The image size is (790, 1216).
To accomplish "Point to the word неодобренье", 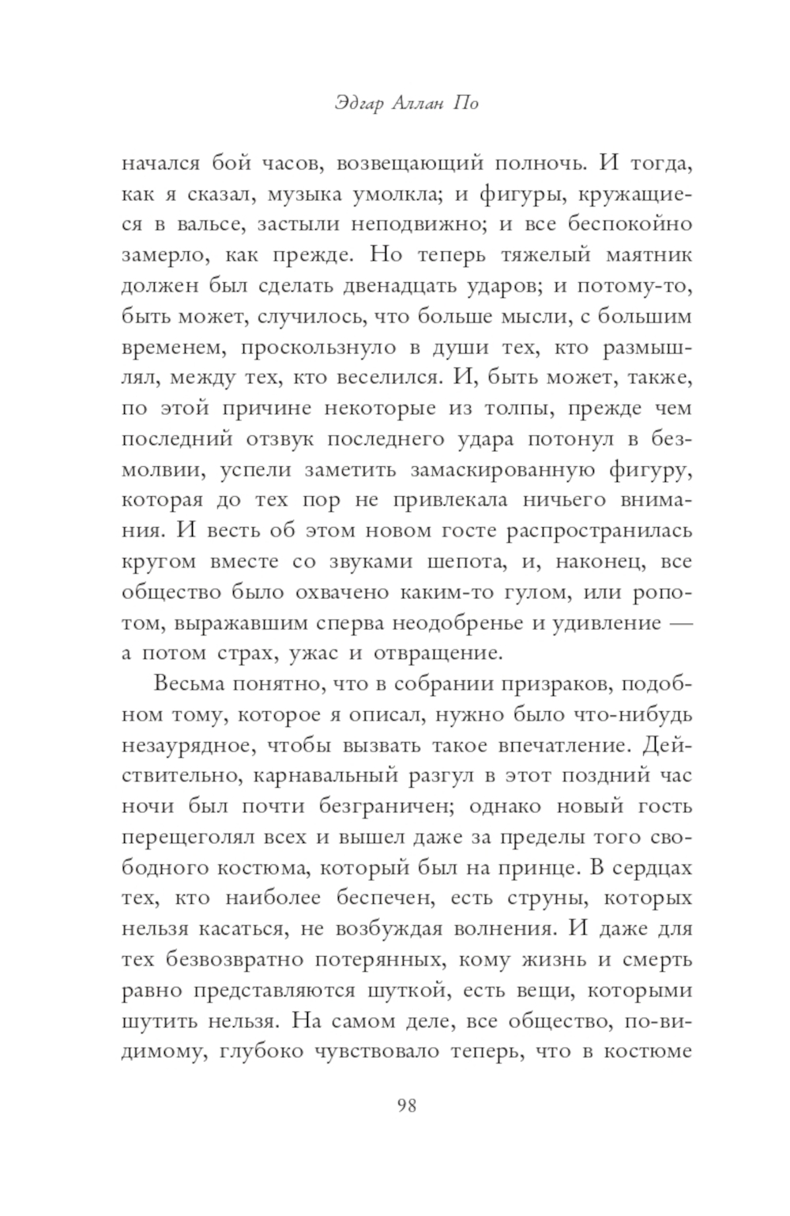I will click(447, 623).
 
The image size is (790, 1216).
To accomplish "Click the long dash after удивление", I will click(680, 623).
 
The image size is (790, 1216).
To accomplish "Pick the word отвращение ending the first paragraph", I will click(436, 653).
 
